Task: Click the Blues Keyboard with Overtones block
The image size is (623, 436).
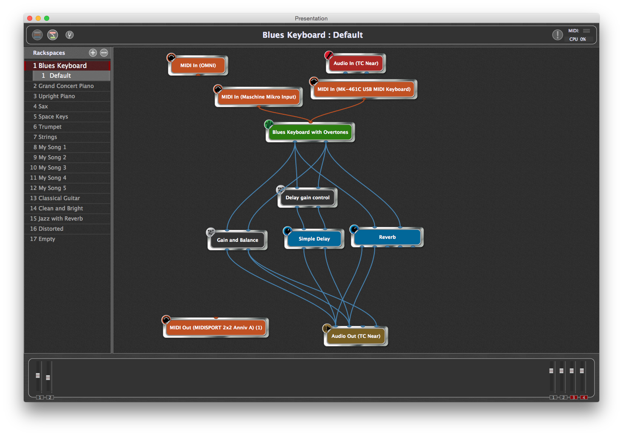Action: click(310, 132)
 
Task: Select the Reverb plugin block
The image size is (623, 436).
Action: click(387, 237)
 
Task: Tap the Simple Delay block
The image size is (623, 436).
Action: click(314, 239)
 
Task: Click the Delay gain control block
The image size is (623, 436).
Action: click(308, 198)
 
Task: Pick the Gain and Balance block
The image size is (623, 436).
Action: click(238, 240)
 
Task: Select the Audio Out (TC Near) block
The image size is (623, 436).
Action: click(356, 336)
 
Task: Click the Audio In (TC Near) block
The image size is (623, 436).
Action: click(356, 63)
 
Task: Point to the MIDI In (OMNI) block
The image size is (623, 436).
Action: click(198, 65)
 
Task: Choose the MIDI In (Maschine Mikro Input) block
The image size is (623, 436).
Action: click(258, 97)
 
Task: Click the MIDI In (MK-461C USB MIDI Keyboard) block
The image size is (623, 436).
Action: click(364, 89)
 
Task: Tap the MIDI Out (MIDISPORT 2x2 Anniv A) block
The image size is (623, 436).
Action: click(216, 328)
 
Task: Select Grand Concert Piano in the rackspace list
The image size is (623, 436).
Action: click(66, 86)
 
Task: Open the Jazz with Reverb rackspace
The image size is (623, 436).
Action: click(60, 218)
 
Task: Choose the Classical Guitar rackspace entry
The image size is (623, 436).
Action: click(59, 198)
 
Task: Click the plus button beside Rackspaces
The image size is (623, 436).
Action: click(93, 53)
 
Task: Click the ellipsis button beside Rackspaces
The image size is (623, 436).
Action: click(104, 53)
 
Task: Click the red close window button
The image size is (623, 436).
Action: click(30, 18)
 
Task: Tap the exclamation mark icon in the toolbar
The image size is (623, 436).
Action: click(557, 35)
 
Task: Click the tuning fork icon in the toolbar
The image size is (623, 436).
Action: click(70, 35)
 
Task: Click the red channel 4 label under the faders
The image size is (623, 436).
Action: click(584, 397)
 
